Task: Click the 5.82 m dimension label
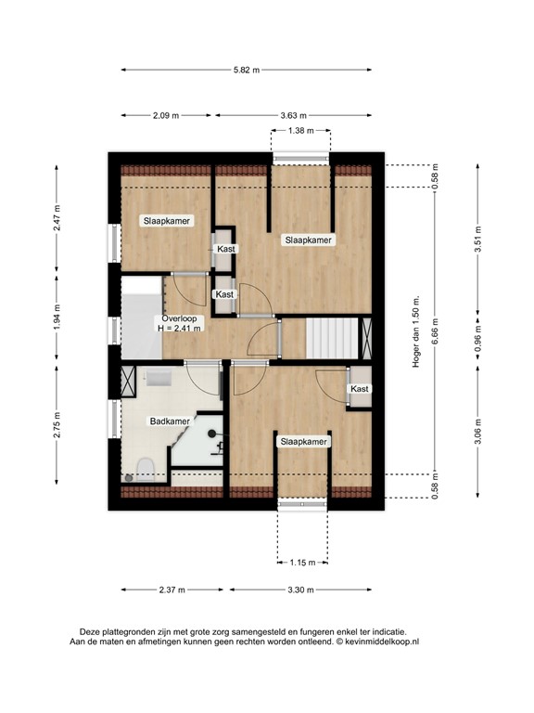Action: click(x=247, y=70)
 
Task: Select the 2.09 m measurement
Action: click(x=166, y=115)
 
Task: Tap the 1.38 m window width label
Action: click(x=300, y=131)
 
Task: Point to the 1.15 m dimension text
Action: click(x=302, y=563)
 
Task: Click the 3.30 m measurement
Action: click(x=300, y=590)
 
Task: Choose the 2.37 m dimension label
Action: click(x=172, y=590)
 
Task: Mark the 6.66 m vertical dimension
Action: click(x=435, y=331)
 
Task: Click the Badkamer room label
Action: click(x=170, y=421)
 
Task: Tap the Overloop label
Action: click(x=179, y=318)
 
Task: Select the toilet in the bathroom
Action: click(x=146, y=469)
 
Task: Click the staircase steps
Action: click(x=332, y=338)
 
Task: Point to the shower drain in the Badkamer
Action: click(x=211, y=434)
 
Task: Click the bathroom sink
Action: click(x=159, y=378)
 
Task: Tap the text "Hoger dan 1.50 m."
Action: click(x=416, y=332)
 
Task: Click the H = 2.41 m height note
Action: click(x=179, y=328)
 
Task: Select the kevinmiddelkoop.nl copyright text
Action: click(x=377, y=642)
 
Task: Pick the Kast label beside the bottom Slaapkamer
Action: click(x=360, y=389)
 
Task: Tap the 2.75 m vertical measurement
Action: click(x=57, y=424)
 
